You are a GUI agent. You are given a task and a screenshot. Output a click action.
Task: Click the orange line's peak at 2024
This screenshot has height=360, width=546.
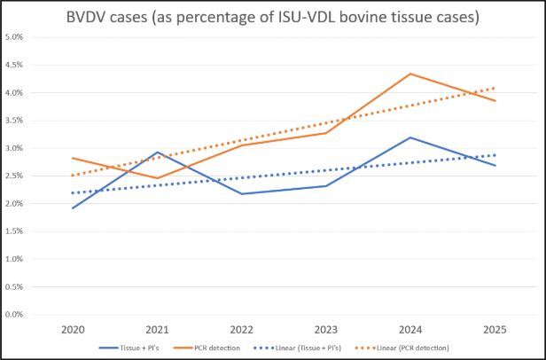(409, 74)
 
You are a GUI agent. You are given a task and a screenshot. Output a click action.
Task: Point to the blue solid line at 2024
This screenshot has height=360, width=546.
(409, 137)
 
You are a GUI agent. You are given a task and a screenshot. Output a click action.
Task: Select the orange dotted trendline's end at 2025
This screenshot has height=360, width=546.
(494, 88)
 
